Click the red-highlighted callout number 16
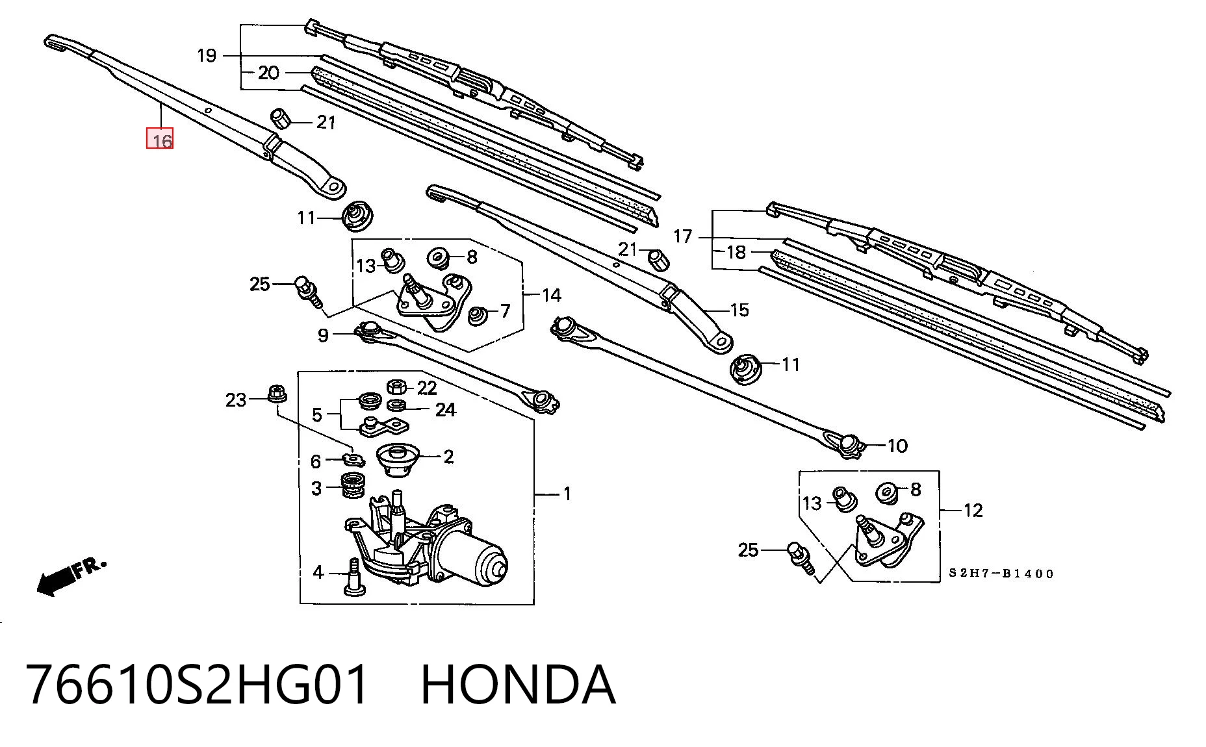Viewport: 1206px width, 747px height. (160, 138)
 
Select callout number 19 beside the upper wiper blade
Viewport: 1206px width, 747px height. (207, 56)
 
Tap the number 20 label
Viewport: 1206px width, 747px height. (268, 73)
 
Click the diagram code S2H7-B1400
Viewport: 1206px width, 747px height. (1001, 574)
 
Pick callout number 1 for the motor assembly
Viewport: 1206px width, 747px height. (567, 494)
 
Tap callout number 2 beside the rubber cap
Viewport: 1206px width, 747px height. (448, 457)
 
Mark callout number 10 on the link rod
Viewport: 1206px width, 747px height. (897, 446)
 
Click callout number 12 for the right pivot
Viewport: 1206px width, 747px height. (973, 511)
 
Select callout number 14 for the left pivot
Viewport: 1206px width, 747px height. (551, 296)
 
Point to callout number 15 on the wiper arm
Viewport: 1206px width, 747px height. (739, 310)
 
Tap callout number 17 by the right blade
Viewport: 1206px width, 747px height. (682, 236)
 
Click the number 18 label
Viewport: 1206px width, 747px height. (736, 252)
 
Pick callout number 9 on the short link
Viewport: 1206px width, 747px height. (323, 336)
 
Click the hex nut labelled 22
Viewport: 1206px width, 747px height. (397, 388)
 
